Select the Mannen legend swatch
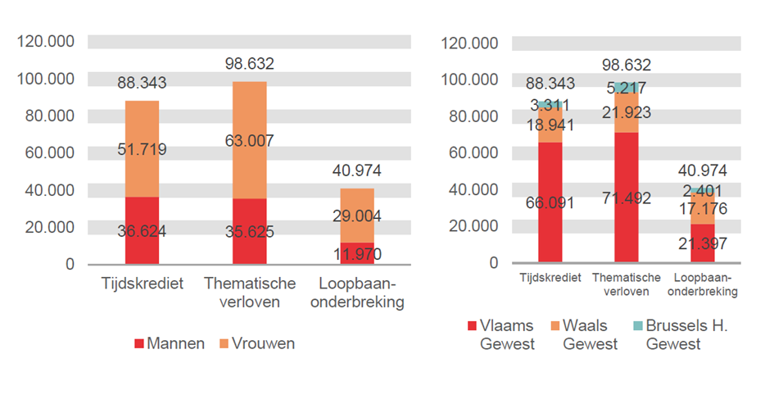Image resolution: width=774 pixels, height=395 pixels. (139, 343)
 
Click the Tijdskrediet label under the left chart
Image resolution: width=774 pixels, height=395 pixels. (142, 284)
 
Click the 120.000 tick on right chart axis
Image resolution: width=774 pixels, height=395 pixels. (470, 43)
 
